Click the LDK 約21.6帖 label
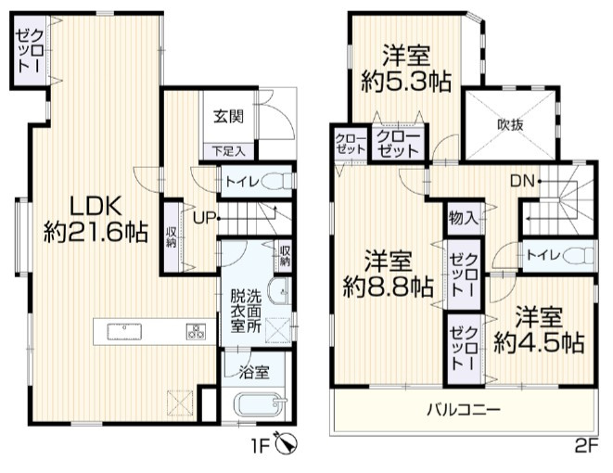coord(96,216)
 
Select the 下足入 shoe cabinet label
coord(226,149)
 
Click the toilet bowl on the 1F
coord(273,182)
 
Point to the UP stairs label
coord(204,217)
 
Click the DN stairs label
coord(521,181)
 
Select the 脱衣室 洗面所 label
coord(247,312)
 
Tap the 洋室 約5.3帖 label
coord(405,67)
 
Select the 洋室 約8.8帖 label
coord(387,271)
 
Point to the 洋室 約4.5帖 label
coord(539,328)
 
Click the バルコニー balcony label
coord(464,409)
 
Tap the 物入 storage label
coord(462,219)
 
